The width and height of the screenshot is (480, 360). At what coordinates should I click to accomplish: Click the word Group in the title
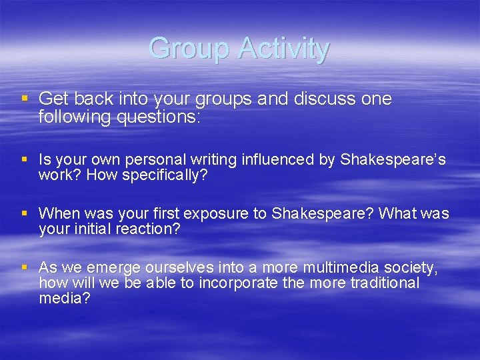point(189,49)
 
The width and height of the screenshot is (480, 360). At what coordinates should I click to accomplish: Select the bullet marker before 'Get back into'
point(25,98)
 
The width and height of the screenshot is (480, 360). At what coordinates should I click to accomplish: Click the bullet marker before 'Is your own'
point(25,159)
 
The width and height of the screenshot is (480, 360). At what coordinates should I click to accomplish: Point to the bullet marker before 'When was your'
point(25,213)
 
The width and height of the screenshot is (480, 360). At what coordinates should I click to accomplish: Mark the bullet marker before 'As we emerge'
point(25,267)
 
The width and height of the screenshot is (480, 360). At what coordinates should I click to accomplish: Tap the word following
point(73,117)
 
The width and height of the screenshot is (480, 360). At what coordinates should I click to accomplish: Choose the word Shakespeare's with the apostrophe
point(393,160)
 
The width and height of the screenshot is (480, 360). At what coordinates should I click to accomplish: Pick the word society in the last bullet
point(411,268)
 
